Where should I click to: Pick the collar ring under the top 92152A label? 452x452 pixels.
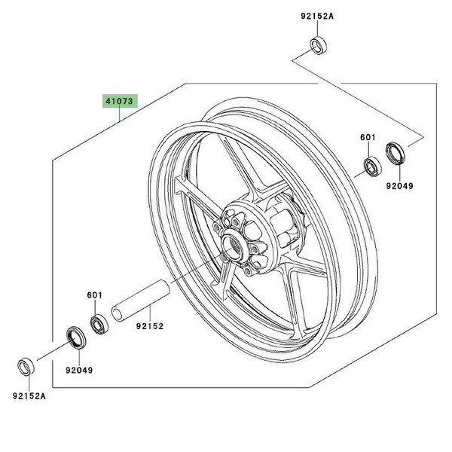[319, 44]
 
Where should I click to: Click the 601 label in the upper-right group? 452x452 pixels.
[367, 138]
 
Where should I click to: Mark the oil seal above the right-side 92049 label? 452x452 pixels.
[395, 153]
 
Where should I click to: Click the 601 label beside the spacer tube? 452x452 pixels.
[94, 297]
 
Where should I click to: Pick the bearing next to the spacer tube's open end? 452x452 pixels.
[98, 325]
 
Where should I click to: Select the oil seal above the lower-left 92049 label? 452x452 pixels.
[76, 337]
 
